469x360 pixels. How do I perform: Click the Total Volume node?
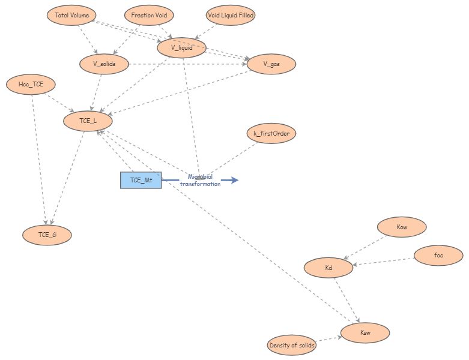point(71,15)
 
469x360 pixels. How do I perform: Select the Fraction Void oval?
point(149,15)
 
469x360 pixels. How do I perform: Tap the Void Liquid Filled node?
point(231,15)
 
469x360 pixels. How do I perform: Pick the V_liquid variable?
point(181,48)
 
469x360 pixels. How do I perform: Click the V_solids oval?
point(104,64)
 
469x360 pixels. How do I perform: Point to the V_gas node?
point(271,64)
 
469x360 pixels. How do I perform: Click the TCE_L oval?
point(88,121)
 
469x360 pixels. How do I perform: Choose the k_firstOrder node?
point(271,133)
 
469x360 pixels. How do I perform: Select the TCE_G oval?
point(47,235)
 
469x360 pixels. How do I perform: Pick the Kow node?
point(402,227)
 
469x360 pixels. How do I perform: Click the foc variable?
point(438,256)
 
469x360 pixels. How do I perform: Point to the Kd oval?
point(328,268)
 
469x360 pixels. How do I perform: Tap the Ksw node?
point(365,332)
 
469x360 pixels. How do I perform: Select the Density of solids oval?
point(291,345)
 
